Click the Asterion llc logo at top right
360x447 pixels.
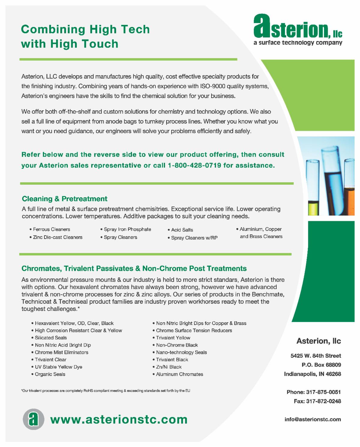pos(298,29)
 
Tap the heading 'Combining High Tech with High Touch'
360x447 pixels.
pos(85,37)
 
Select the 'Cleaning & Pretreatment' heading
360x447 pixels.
pos(64,199)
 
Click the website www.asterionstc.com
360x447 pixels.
pos(119,419)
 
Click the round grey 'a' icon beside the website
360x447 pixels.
pos(33,419)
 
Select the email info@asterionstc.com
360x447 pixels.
pos(313,419)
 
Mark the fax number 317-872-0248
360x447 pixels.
pos(317,401)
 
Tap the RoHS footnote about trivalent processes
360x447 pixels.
pos(106,391)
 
